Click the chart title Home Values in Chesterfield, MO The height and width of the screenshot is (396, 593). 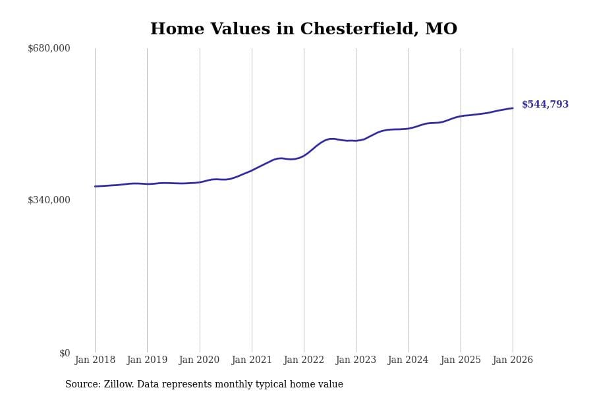(303, 30)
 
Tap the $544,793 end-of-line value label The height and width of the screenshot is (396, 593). (545, 104)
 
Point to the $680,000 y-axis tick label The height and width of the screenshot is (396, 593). (49, 48)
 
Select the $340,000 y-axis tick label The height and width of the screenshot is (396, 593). (49, 200)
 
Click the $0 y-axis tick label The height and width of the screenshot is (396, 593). (65, 353)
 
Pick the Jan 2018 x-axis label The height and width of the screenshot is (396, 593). (95, 360)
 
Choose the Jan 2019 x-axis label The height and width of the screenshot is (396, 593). (147, 360)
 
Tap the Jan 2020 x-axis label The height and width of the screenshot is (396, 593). (199, 360)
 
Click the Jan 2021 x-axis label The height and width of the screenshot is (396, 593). (252, 360)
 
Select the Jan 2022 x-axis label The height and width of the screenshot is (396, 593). (304, 360)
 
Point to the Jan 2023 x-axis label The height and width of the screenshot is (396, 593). (356, 360)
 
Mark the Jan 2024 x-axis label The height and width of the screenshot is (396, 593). (408, 360)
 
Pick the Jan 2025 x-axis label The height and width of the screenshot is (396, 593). (461, 360)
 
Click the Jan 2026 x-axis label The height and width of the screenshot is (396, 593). (513, 360)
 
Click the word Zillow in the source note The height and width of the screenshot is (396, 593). (119, 385)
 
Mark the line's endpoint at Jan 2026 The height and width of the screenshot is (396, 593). (513, 108)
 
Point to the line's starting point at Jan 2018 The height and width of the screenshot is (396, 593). (95, 186)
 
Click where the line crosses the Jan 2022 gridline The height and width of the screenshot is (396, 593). (304, 155)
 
